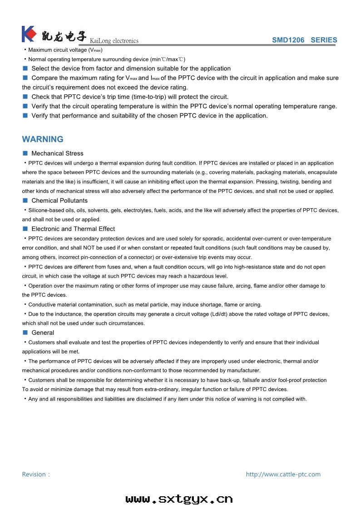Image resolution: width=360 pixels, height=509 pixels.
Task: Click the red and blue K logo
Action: click(x=28, y=34)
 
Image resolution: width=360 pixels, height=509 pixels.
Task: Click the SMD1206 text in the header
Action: click(x=288, y=40)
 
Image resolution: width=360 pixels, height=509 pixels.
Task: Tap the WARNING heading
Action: click(x=43, y=139)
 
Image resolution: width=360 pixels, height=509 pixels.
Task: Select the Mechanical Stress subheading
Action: click(x=57, y=153)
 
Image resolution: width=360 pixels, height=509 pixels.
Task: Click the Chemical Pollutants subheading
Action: click(x=59, y=201)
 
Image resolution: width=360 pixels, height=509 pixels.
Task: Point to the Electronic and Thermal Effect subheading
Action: click(x=73, y=229)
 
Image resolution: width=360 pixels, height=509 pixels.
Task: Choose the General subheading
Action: click(x=43, y=333)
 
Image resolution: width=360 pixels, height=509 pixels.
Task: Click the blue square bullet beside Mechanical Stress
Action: click(x=25, y=153)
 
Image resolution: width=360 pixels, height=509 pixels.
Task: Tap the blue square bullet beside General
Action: click(x=25, y=333)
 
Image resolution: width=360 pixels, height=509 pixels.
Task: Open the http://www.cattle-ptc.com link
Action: click(x=283, y=475)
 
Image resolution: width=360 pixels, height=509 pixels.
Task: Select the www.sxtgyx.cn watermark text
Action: click(x=179, y=499)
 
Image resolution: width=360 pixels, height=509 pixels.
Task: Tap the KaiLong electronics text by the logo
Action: click(x=114, y=41)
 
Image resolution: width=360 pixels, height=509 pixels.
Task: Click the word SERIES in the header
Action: click(x=324, y=40)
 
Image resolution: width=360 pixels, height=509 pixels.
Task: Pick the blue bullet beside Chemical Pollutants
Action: click(x=25, y=201)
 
